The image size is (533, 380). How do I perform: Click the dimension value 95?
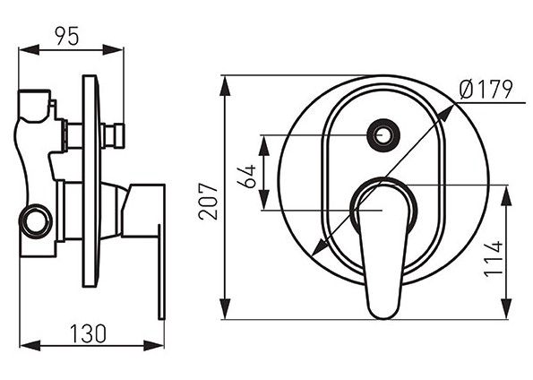(x=67, y=35)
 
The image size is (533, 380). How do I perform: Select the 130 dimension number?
(x=88, y=333)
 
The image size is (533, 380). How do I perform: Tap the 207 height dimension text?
(x=208, y=202)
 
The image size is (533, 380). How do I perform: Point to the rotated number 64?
(x=246, y=176)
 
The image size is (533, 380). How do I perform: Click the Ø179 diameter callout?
(x=486, y=90)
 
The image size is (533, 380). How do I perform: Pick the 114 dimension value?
(x=494, y=259)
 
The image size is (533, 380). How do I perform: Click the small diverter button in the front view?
(x=383, y=135)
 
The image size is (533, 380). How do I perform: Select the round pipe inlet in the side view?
(x=36, y=220)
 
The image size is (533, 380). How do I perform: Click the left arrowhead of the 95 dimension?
(x=29, y=50)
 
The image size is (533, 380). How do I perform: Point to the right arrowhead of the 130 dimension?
(x=154, y=346)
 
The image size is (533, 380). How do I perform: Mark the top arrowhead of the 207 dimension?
(x=225, y=85)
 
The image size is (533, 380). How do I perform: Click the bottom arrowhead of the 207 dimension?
(x=225, y=309)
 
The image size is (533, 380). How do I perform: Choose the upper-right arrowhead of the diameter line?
(x=446, y=112)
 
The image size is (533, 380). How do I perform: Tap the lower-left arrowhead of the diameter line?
(x=319, y=246)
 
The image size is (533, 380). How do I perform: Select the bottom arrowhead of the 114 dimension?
(x=506, y=309)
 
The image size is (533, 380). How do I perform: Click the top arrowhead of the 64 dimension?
(x=264, y=145)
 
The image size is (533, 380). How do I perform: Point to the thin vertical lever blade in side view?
(x=161, y=272)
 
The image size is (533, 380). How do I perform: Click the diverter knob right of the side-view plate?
(x=115, y=135)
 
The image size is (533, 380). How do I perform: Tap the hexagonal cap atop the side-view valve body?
(x=34, y=106)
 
